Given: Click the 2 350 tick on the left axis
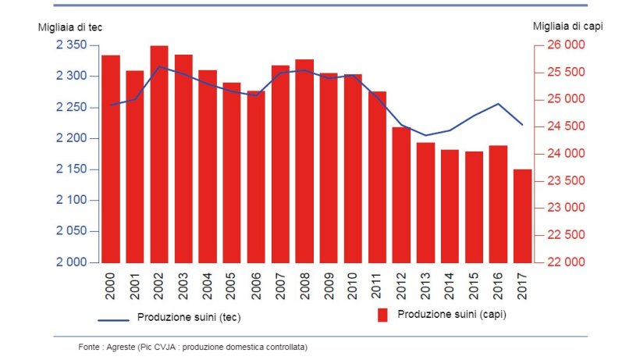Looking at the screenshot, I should point(72,45).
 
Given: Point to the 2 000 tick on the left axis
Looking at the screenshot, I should point(72,262).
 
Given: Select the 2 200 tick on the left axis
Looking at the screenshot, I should point(72,138).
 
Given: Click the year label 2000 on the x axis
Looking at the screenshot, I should point(111,287).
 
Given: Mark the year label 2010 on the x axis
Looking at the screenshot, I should point(353,287).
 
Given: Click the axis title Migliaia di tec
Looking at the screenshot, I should point(70,27).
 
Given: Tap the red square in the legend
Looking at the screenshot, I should point(383,315).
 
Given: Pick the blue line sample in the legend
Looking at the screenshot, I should point(113,319).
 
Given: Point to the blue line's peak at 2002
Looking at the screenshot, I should point(159,66).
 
